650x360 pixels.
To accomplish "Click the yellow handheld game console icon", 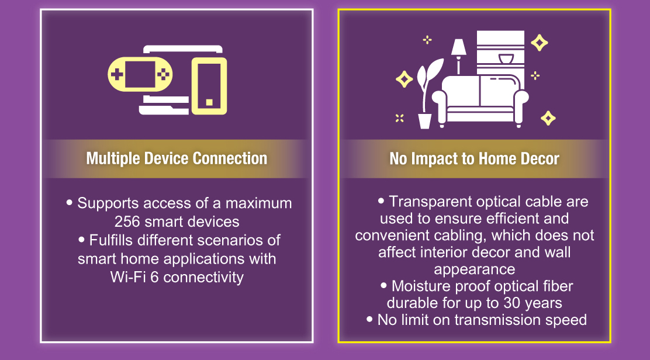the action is [x=140, y=75].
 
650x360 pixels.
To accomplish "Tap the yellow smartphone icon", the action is [x=209, y=86].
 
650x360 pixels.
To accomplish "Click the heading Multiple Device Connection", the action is [x=177, y=158].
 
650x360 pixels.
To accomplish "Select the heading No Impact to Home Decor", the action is [x=474, y=158].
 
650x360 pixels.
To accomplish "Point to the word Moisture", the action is [x=421, y=286].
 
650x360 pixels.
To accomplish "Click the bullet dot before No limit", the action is [x=369, y=319].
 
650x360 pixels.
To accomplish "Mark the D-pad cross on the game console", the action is [x=117, y=75].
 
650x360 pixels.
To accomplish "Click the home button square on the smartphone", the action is [x=209, y=102].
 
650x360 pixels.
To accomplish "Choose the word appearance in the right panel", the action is [x=475, y=269].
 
